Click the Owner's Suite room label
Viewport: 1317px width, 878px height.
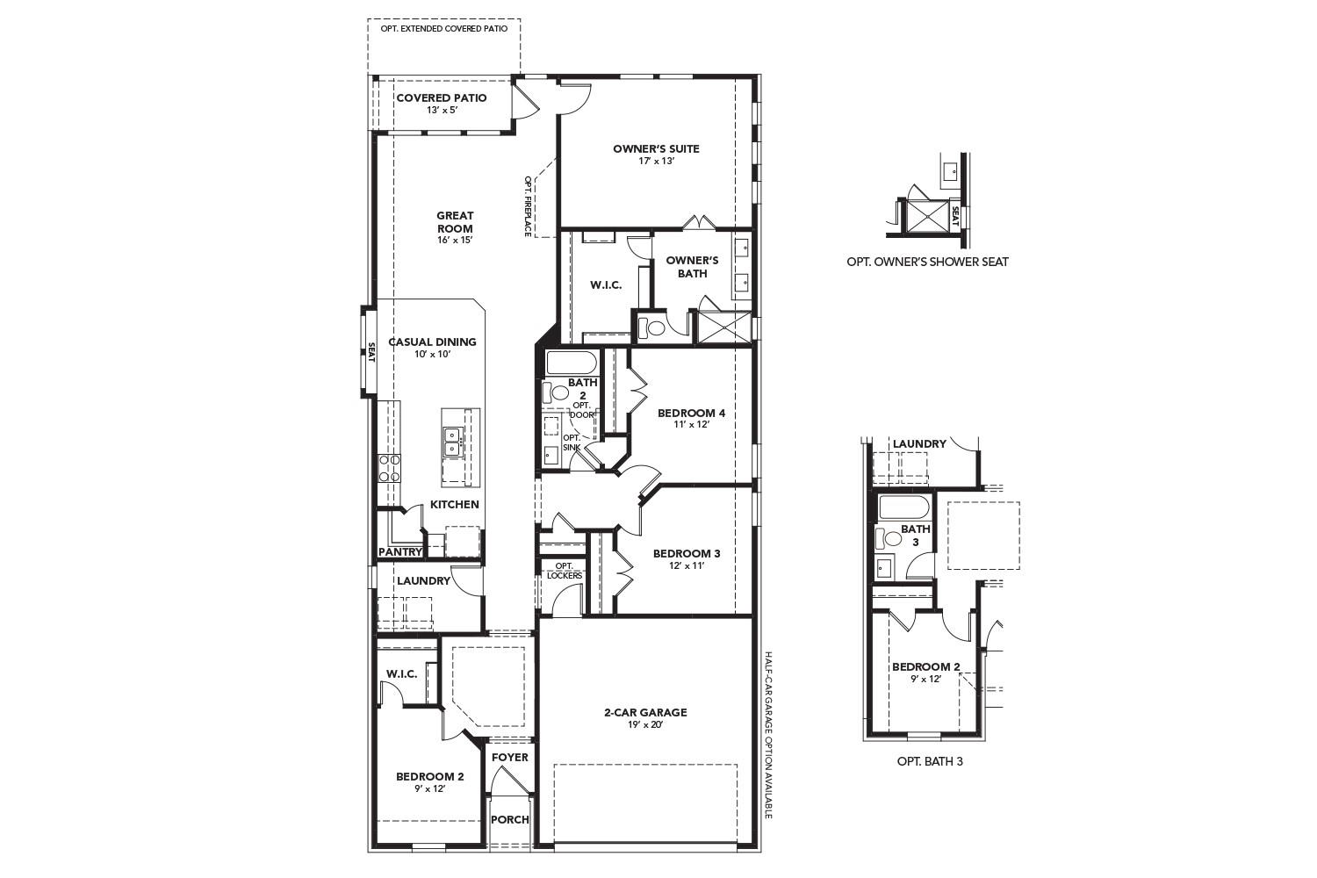click(656, 148)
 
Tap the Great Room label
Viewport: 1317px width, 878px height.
click(455, 221)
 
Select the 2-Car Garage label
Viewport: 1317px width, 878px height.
click(645, 712)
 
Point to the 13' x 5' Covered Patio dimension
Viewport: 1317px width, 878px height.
click(442, 111)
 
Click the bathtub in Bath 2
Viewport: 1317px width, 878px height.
click(572, 363)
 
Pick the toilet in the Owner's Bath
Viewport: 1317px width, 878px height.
click(651, 328)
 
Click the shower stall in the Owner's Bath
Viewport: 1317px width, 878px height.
click(723, 327)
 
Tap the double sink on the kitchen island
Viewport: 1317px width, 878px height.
click(453, 441)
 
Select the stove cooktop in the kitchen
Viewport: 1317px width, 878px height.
click(389, 467)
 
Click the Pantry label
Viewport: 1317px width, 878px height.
click(399, 551)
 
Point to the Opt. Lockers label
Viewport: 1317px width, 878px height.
click(564, 571)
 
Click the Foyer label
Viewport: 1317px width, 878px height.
click(509, 757)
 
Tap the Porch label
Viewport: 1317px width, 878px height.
click(509, 819)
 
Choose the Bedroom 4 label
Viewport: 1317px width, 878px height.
click(691, 413)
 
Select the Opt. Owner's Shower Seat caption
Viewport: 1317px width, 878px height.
click(927, 262)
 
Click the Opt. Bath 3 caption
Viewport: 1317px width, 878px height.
click(930, 761)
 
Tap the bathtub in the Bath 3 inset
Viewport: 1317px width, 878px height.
click(903, 508)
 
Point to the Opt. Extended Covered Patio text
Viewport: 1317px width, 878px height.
click(443, 28)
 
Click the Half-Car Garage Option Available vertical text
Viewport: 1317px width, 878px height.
click(767, 734)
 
